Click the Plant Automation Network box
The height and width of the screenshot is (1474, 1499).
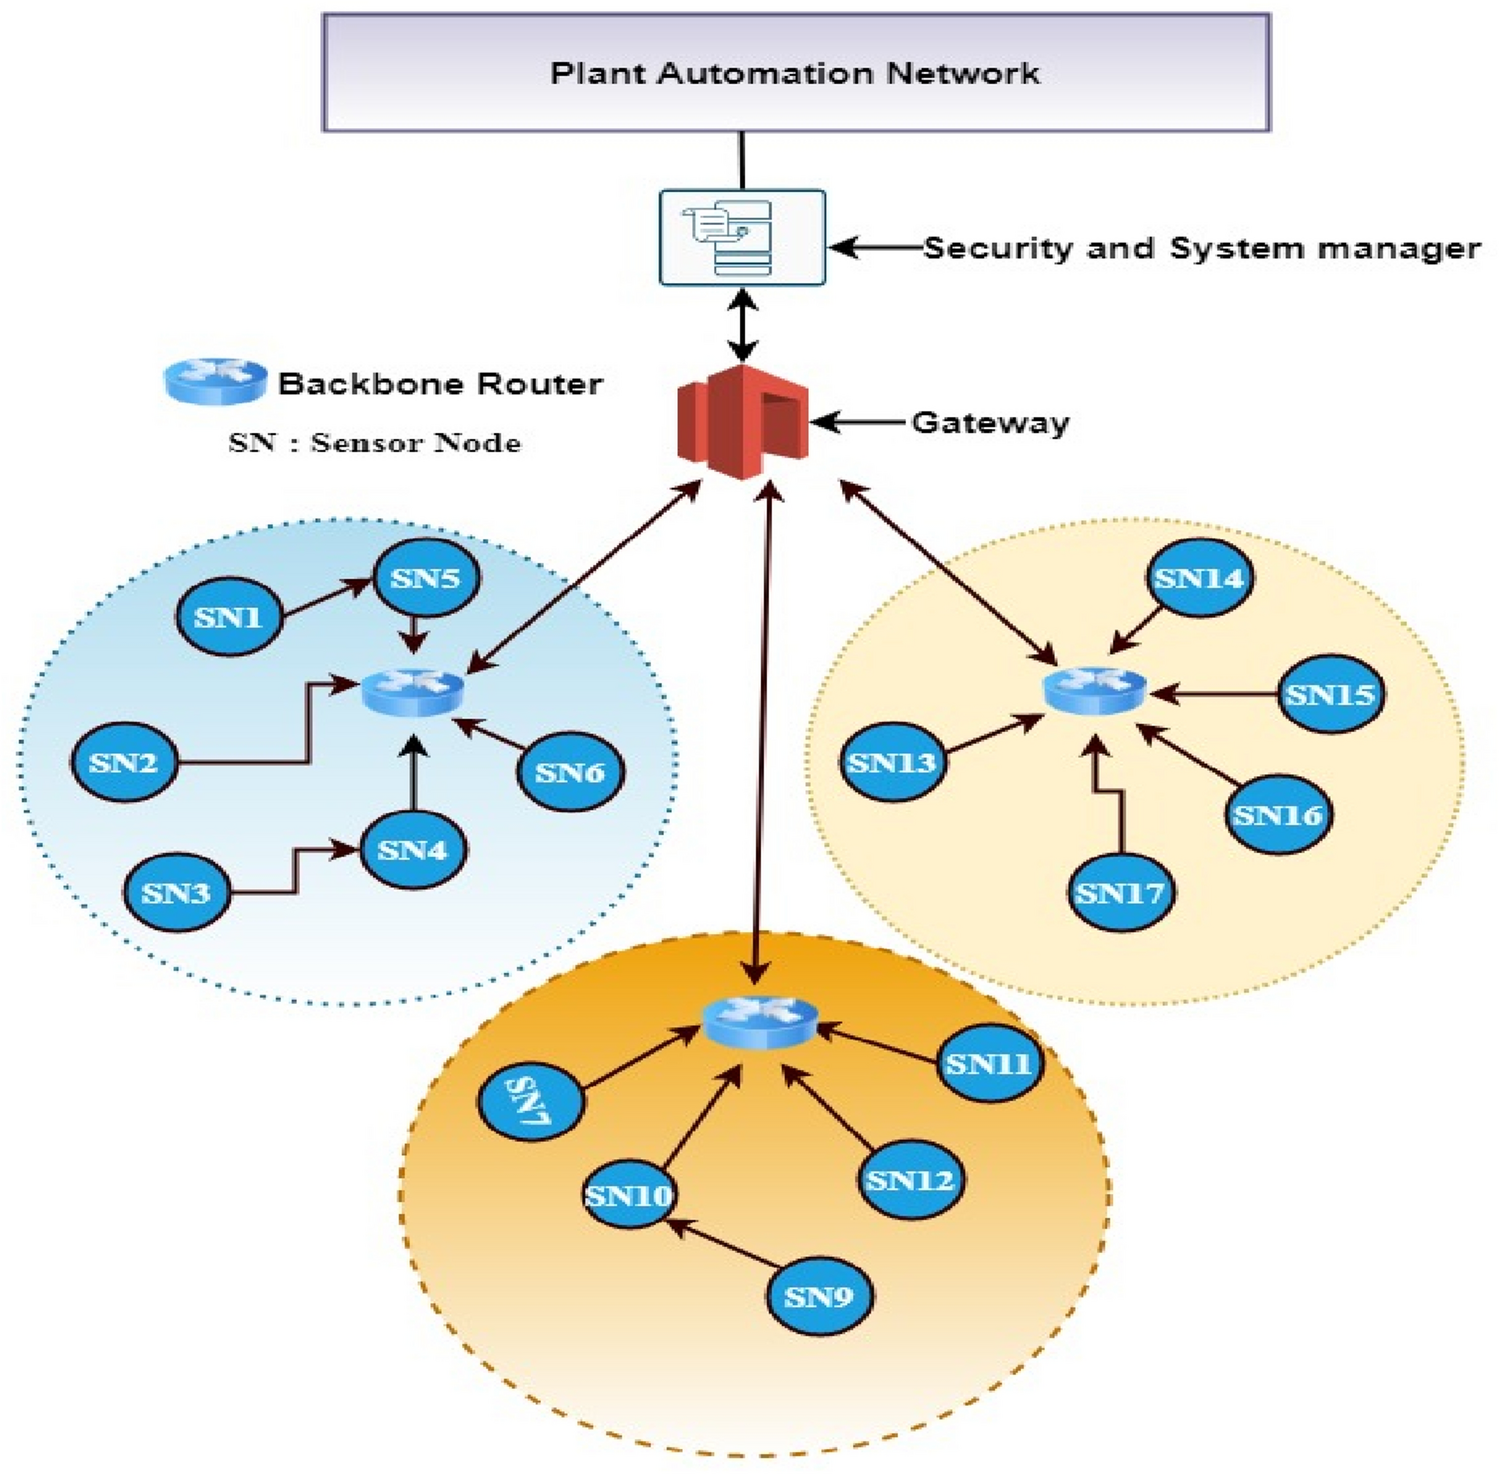[x=795, y=73]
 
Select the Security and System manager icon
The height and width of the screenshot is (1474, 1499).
[x=742, y=238]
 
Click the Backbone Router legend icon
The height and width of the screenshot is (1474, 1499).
[x=215, y=381]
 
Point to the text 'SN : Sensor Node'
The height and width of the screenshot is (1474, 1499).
[x=374, y=443]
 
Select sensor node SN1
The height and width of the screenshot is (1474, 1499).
[x=228, y=617]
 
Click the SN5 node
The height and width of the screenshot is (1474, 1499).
[x=425, y=578]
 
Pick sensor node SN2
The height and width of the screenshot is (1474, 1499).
[x=123, y=762]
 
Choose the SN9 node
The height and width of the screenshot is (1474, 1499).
[x=818, y=1297]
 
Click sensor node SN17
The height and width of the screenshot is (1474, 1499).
[x=1120, y=892]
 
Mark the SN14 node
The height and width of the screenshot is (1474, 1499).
[x=1198, y=578]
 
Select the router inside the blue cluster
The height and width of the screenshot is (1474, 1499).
[x=413, y=691]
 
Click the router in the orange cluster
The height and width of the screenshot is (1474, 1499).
[x=760, y=1021]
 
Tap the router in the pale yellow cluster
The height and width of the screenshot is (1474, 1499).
[x=1094, y=690]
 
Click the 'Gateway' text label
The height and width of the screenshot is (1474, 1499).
[x=990, y=423]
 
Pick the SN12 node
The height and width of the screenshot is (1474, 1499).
[x=909, y=1180]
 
